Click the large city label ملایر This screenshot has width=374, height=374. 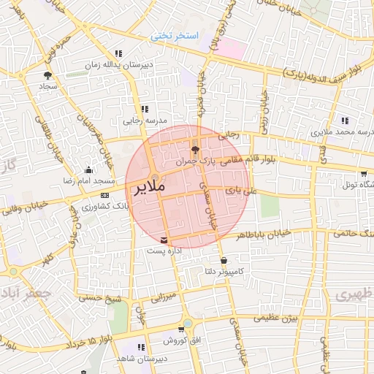click(150, 188)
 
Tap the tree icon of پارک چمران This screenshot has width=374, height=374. click(194, 148)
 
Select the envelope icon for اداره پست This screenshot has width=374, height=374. click(164, 240)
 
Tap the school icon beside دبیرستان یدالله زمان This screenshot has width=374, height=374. click(118, 54)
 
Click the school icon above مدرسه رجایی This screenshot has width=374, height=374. click(134, 108)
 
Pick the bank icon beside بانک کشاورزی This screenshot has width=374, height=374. click(105, 196)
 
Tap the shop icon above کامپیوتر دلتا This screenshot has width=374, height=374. click(223, 260)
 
